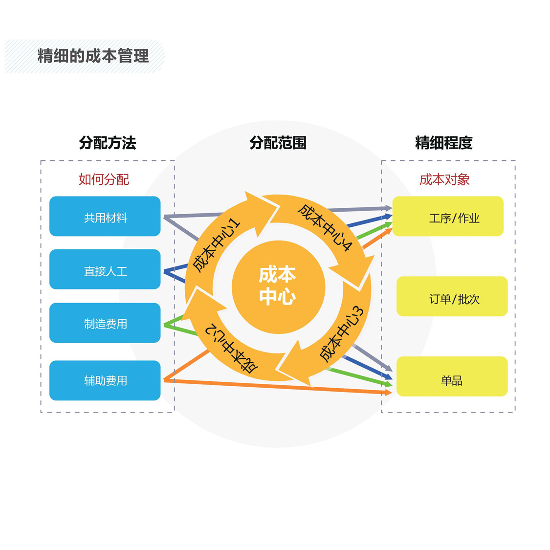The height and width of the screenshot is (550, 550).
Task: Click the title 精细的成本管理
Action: click(93, 56)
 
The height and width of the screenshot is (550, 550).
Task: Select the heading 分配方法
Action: click(108, 143)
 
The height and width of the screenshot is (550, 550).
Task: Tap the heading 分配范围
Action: click(278, 143)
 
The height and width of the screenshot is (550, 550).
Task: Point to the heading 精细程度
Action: click(444, 143)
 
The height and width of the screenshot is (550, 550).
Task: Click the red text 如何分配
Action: click(104, 179)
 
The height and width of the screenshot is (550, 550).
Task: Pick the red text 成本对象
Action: click(444, 179)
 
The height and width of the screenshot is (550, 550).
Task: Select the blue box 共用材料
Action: click(105, 216)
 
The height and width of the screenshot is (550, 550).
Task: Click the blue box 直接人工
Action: click(105, 269)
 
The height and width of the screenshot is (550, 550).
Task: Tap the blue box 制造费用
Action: click(105, 323)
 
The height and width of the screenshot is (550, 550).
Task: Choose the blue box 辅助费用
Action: click(105, 380)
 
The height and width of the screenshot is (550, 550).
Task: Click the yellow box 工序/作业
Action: click(448, 216)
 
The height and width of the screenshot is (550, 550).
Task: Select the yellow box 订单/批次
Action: click(452, 296)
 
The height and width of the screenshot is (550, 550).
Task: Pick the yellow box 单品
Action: click(452, 376)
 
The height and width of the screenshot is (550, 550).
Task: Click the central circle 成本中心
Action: click(278, 287)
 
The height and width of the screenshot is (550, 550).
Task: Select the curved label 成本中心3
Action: click(342, 333)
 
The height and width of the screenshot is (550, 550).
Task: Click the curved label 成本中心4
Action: click(325, 227)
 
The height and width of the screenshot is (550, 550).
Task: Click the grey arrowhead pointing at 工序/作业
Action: click(388, 208)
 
